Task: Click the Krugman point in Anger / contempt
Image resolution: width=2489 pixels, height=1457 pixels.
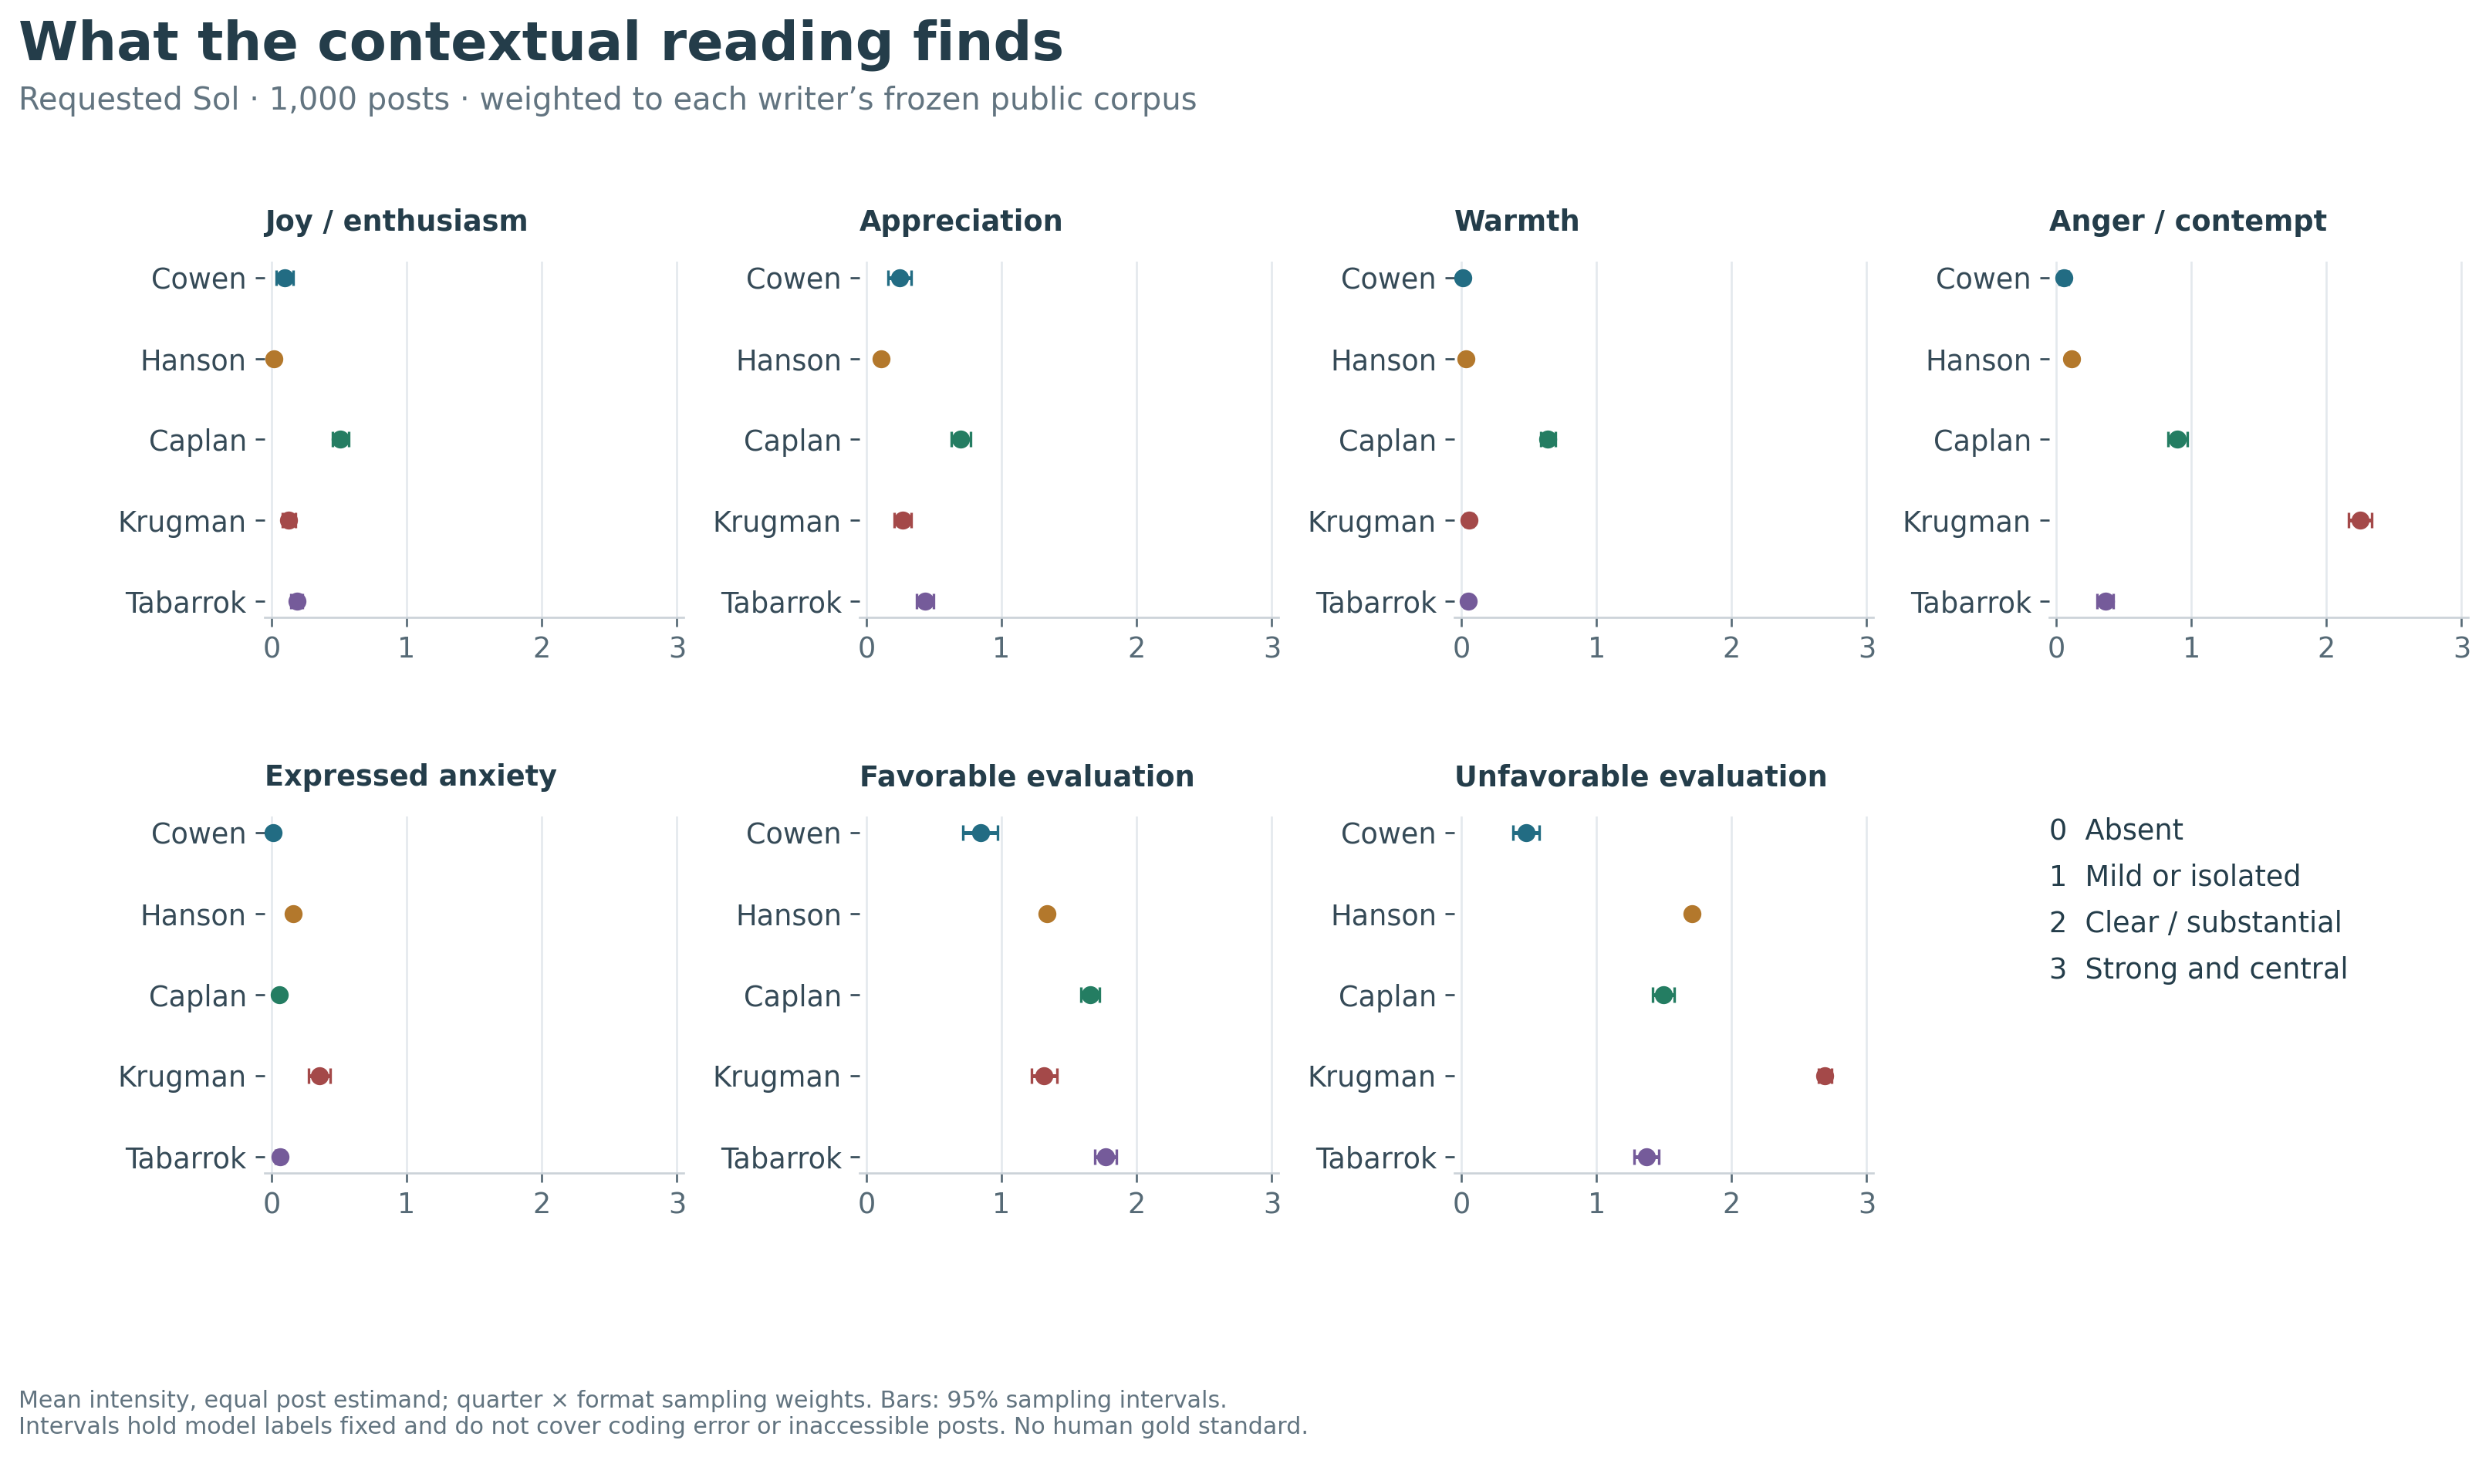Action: (2359, 521)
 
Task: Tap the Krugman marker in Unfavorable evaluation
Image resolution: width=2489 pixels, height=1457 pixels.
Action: (1824, 1076)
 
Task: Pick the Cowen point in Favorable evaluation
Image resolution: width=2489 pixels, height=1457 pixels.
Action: (981, 833)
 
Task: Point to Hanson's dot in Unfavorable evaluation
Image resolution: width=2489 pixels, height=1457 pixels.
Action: (1692, 914)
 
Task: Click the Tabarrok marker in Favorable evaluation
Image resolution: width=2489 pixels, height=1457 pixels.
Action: (1105, 1157)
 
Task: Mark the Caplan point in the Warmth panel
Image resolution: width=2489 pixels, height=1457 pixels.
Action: (1548, 440)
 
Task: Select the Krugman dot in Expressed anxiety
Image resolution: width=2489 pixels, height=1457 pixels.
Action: (319, 1076)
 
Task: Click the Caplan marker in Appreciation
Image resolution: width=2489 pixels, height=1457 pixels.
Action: (960, 440)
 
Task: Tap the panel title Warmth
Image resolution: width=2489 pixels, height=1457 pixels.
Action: (1516, 221)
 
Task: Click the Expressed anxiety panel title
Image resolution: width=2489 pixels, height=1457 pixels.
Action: (410, 776)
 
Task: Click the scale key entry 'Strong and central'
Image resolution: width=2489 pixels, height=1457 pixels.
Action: (2215, 968)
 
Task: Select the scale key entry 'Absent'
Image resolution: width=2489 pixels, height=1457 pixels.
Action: (2133, 830)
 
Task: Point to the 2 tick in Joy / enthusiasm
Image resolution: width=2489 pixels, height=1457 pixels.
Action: (542, 648)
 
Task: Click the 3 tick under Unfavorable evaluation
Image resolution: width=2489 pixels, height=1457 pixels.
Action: (1867, 1203)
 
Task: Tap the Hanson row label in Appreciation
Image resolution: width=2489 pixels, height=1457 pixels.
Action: (789, 360)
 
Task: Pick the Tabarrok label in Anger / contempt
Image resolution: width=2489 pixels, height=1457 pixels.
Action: (1971, 603)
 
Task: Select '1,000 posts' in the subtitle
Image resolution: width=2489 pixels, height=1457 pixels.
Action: (359, 100)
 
